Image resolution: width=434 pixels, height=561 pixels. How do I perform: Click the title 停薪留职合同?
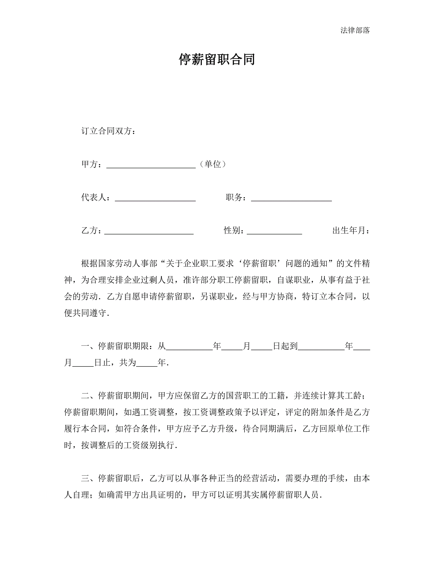217,59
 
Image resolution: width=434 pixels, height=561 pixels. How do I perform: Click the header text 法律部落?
355,30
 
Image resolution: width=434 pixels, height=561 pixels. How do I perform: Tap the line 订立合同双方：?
108,131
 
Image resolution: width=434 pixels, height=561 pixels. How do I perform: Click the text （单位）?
213,164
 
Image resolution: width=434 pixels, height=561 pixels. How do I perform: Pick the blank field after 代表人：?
155,198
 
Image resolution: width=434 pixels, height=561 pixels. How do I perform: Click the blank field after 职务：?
291,198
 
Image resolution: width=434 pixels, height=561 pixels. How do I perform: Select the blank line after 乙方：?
149,231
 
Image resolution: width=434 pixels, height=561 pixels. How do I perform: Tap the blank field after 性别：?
274,231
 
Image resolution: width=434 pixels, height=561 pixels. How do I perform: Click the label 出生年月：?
351,230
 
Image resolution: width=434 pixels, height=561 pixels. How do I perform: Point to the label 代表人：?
96,197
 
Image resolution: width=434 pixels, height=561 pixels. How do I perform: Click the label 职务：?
236,197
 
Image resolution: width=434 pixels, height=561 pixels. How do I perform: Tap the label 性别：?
234,230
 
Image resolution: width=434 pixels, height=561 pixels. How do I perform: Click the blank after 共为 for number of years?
147,363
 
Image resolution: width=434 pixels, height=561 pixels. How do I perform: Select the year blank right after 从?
190,347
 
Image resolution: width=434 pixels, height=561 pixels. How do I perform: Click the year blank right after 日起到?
321,347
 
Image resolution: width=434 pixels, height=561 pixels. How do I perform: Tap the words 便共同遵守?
85,313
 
